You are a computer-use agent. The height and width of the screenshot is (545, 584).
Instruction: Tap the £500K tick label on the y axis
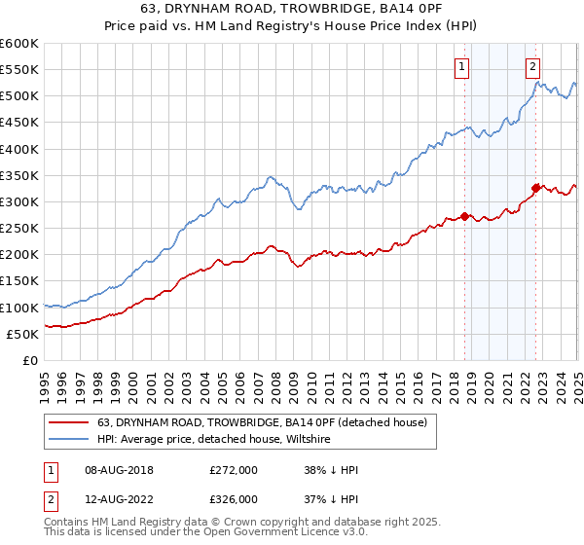click(x=19, y=96)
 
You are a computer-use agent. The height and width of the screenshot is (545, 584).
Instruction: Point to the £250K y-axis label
click(x=19, y=229)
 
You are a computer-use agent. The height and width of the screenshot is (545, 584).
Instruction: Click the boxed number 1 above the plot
click(x=460, y=67)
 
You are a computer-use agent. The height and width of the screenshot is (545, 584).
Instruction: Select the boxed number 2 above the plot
click(x=534, y=67)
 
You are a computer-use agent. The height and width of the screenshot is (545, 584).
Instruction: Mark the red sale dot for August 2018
click(x=465, y=216)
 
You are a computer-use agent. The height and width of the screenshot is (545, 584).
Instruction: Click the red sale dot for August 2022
click(x=536, y=188)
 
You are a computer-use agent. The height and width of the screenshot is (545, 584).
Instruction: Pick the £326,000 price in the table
click(x=234, y=498)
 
